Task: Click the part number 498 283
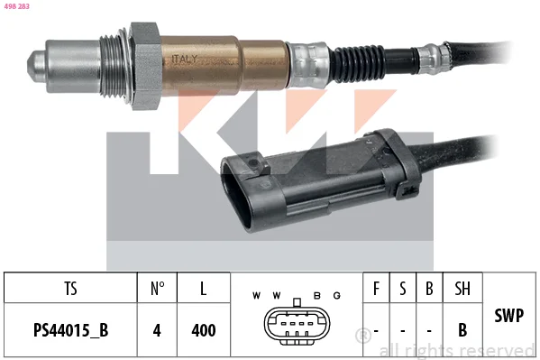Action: [16, 6]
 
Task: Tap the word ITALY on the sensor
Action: [185, 59]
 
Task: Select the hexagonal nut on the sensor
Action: [145, 66]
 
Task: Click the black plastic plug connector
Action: [320, 180]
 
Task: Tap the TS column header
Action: [70, 289]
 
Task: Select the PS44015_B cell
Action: [70, 330]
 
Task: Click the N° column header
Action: [158, 289]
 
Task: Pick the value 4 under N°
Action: [157, 330]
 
